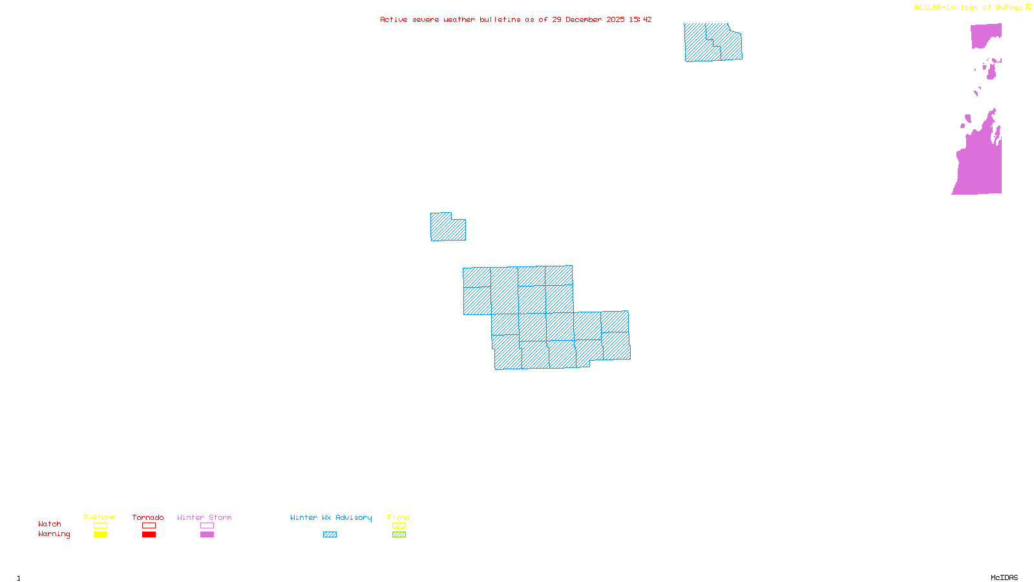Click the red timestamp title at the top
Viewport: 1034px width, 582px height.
tap(516, 20)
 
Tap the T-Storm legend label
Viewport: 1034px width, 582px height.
tap(100, 517)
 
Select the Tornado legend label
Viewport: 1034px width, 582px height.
tap(148, 517)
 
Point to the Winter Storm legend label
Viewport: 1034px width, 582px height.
tap(204, 517)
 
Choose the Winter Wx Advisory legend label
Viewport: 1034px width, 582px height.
tap(331, 517)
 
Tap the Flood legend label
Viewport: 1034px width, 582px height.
tap(399, 517)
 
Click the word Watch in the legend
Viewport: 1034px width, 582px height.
tap(50, 524)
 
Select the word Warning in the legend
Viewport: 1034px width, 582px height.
tap(54, 534)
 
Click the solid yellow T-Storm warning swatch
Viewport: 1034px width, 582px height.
tap(100, 535)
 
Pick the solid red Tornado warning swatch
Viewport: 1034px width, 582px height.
tap(149, 535)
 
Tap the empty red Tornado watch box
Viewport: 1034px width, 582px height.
tap(149, 526)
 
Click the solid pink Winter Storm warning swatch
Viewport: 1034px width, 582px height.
tap(207, 535)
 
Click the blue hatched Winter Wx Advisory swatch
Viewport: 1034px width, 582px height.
tap(330, 535)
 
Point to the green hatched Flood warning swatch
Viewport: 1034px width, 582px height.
tap(399, 535)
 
